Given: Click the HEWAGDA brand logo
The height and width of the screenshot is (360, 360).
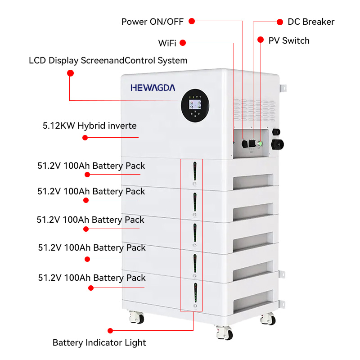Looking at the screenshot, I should point(153,87).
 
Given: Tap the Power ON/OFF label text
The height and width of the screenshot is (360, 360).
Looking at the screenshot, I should point(153,22).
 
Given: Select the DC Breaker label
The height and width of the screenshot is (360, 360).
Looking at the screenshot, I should point(311,22).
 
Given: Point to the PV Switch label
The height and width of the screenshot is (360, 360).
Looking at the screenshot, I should point(289,40).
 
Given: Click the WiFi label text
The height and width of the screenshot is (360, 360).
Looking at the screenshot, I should point(167,43).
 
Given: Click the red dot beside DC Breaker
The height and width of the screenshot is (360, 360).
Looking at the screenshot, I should point(279,22).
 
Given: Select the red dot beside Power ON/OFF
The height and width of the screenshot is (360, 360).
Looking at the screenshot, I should point(192,21).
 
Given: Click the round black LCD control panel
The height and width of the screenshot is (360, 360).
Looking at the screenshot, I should point(194,108).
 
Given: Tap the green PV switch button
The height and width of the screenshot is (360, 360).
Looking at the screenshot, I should point(260,144).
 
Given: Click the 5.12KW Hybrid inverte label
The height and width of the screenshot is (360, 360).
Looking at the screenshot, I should point(90,126).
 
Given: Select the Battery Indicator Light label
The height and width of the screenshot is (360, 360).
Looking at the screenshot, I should point(99,342).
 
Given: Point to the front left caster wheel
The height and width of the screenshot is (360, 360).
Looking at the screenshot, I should point(136,317).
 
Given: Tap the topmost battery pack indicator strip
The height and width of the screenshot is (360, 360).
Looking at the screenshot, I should point(195,173).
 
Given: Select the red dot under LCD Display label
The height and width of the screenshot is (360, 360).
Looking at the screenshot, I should point(70,72).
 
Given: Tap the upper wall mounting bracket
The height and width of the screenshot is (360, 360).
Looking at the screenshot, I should point(282,88).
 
